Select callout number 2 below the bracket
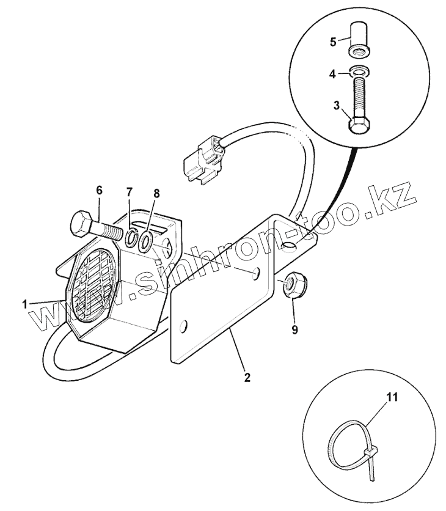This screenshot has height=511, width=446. (x=247, y=377)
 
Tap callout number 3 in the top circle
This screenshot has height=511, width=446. (x=337, y=106)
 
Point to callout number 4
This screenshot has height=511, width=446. (x=334, y=74)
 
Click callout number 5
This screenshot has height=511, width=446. (x=334, y=42)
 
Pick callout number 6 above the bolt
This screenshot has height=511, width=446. (x=99, y=190)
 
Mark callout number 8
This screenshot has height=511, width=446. (x=156, y=193)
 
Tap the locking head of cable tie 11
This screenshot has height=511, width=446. (x=370, y=452)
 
